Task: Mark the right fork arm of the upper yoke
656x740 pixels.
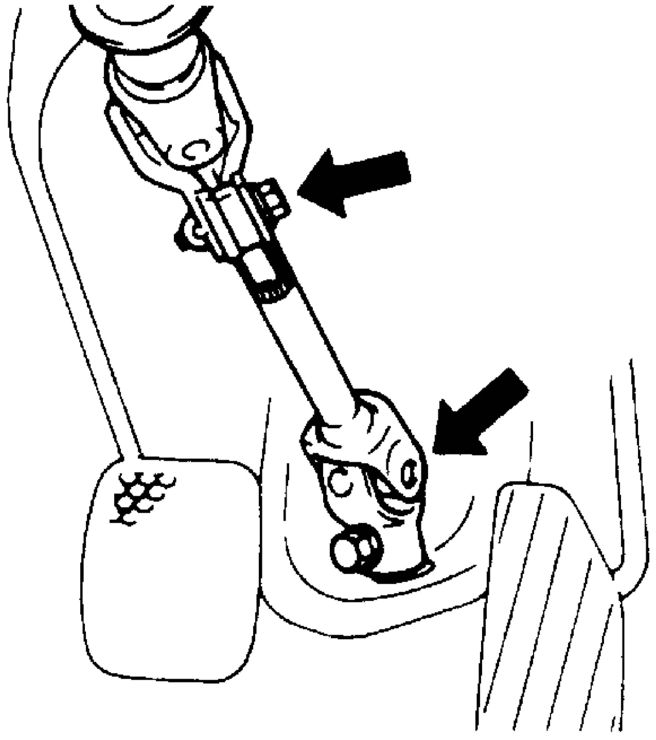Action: click(235, 119)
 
